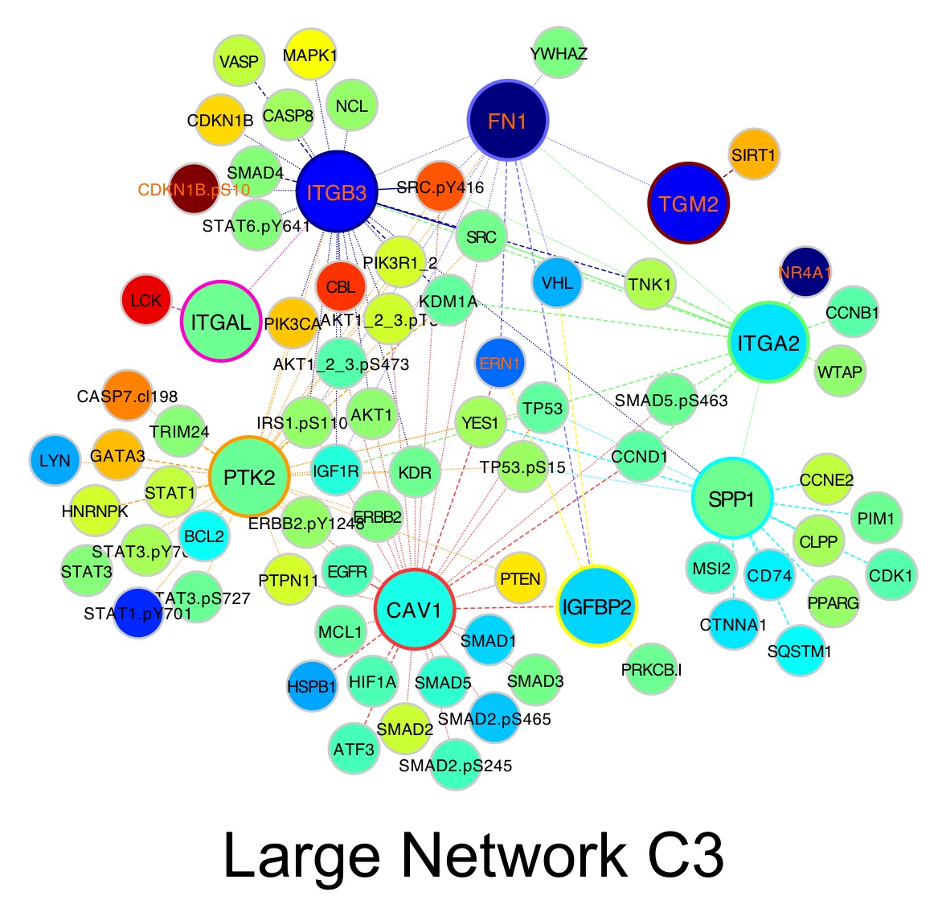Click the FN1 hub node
click(x=507, y=121)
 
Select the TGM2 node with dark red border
click(x=688, y=203)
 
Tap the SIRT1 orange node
click(x=753, y=154)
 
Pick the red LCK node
click(x=146, y=301)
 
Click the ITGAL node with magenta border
click(x=221, y=323)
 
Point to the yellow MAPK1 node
click(x=311, y=55)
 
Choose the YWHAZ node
click(x=559, y=54)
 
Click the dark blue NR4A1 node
click(x=805, y=271)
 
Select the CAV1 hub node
click(x=415, y=610)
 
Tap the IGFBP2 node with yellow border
click(x=597, y=606)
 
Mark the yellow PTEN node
click(x=519, y=578)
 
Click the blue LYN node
click(x=55, y=461)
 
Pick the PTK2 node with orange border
click(x=249, y=478)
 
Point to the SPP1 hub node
click(x=731, y=499)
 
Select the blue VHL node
click(x=557, y=283)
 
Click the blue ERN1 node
click(x=500, y=364)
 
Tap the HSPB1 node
click(x=312, y=687)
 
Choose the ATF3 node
click(x=354, y=749)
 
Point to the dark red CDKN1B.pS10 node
click(x=194, y=189)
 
